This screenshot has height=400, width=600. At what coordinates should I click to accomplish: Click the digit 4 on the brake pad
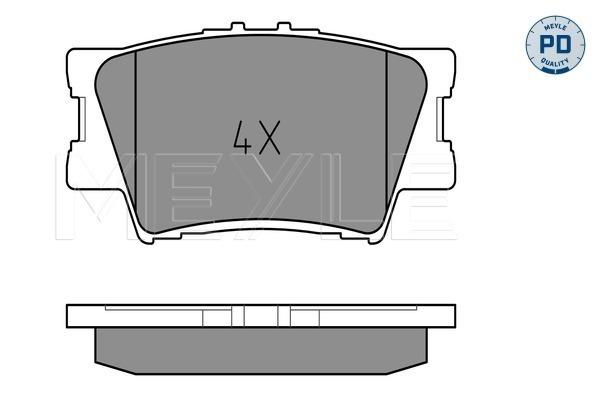(242, 137)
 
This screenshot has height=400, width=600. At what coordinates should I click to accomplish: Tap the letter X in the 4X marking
(269, 137)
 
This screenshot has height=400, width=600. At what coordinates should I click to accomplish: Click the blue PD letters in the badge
(555, 44)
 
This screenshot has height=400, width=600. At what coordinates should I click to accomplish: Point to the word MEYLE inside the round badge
(555, 27)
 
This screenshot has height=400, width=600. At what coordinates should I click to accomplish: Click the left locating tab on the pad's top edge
(238, 26)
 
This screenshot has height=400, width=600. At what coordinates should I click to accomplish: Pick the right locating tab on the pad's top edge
(284, 26)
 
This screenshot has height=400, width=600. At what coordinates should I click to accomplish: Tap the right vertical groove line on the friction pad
(386, 132)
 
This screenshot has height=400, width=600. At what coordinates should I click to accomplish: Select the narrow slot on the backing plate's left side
(82, 119)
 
